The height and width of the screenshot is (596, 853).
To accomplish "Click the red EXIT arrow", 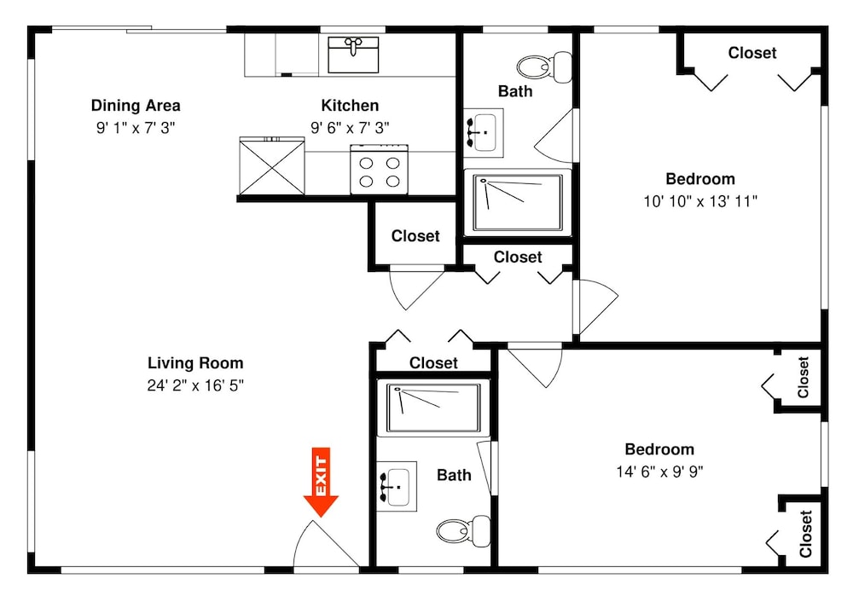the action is click(321, 482).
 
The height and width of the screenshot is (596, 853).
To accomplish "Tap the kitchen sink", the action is click(353, 55).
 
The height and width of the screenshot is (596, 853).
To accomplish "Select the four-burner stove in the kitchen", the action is click(380, 169).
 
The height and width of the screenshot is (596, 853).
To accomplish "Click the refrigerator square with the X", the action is click(272, 166).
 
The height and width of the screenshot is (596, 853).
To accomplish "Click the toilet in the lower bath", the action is click(463, 530).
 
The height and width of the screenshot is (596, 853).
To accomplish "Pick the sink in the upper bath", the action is click(483, 133).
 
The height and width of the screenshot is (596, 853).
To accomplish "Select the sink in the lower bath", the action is click(397, 487).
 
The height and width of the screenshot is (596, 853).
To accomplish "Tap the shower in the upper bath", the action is click(518, 202).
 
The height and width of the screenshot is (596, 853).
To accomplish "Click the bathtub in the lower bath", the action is click(433, 408).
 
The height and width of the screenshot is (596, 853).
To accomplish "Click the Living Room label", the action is click(195, 362).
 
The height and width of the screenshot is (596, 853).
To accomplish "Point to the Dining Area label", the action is click(136, 105).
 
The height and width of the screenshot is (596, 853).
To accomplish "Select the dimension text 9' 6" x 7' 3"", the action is click(350, 128).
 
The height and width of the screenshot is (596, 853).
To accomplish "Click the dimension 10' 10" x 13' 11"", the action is click(700, 202).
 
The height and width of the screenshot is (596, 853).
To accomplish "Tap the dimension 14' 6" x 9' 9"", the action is click(659, 472).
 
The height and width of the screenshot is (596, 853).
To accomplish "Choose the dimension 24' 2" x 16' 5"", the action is click(195, 385).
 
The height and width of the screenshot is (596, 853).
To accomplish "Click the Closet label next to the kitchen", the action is click(415, 236).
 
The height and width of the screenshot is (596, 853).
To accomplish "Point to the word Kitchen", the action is click(350, 105).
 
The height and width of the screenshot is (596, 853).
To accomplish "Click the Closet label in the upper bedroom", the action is click(752, 53).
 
